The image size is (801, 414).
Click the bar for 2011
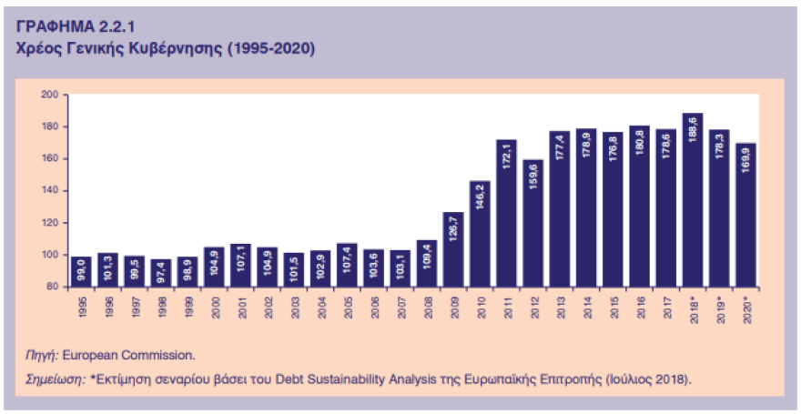point(506,214)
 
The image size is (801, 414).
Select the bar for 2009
point(453,249)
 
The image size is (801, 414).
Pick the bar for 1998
point(161,273)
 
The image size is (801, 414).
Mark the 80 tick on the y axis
point(52,287)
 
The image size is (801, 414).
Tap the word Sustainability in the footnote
point(351,377)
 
